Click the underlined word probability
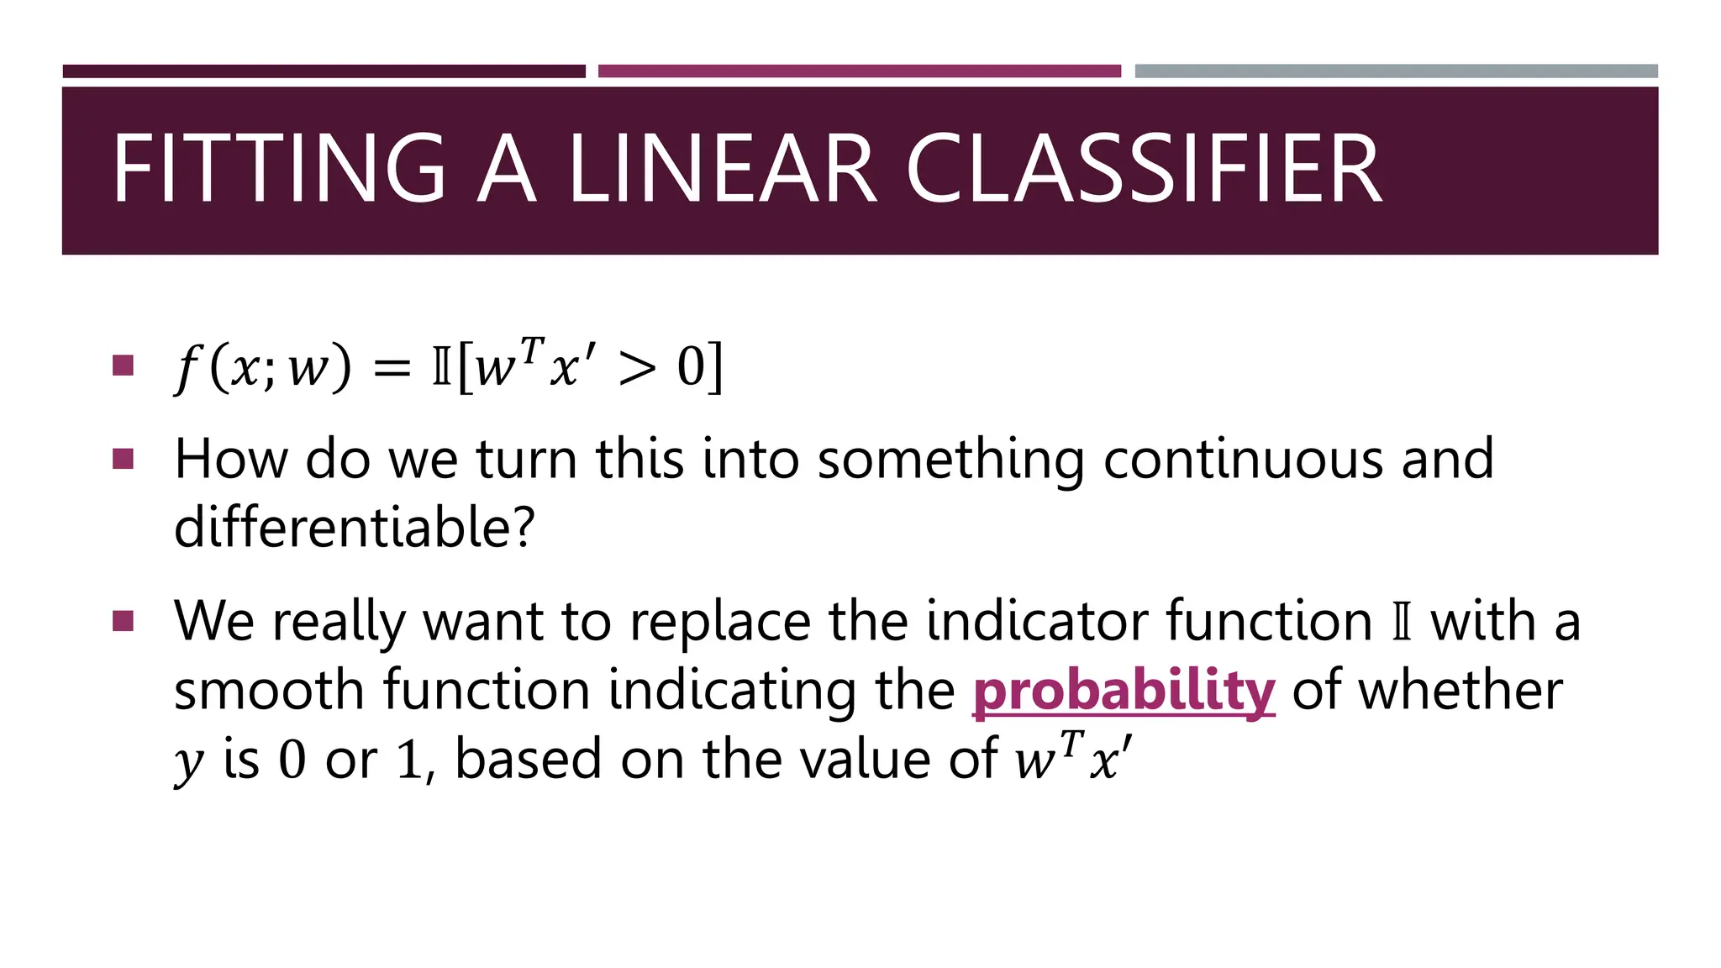tap(1124, 691)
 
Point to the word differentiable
tap(354, 528)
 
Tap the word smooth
tap(270, 691)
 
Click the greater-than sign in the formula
tap(636, 368)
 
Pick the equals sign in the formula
tap(392, 368)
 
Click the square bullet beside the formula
tap(123, 365)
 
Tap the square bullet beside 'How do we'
tap(123, 459)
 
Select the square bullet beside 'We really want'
tap(123, 621)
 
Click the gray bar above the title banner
tap(1396, 71)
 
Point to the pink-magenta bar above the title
tap(859, 71)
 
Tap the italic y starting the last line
tap(188, 761)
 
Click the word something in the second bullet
tap(950, 460)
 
